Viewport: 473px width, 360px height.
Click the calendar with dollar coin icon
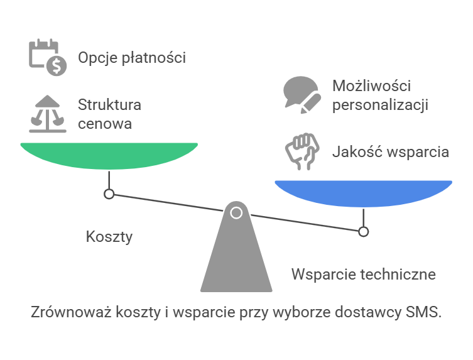[x=48, y=57]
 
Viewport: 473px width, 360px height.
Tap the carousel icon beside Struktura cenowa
[x=47, y=114]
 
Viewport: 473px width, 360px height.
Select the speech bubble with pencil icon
[x=302, y=95]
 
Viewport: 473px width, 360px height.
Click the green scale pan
[x=109, y=155]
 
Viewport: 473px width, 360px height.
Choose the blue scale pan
[x=363, y=193]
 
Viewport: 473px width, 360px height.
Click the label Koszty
[x=109, y=237]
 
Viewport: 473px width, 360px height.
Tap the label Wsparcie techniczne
[x=364, y=275]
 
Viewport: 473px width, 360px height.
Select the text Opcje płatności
[x=132, y=58]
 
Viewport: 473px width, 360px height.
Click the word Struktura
[x=109, y=105]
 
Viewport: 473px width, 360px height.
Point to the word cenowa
[x=105, y=124]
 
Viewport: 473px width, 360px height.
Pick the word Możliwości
[x=372, y=85]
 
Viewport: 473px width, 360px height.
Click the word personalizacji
[x=381, y=106]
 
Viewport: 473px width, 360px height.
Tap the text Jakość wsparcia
[x=391, y=152]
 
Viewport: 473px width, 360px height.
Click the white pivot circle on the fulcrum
[x=236, y=213]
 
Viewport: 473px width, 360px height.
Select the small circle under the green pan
[x=109, y=194]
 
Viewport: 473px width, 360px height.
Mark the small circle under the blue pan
[x=364, y=232]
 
